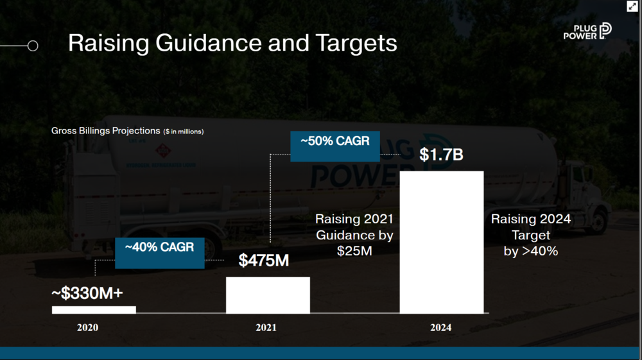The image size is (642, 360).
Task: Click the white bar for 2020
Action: [x=94, y=310]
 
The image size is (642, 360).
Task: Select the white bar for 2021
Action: [x=268, y=295]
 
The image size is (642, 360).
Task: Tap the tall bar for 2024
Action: [x=442, y=242]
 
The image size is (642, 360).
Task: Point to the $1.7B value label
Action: [x=441, y=155]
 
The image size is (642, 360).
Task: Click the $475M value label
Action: [x=264, y=260]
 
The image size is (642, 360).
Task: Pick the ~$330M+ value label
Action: [x=87, y=293]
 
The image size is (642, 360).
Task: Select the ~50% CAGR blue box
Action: [x=335, y=146]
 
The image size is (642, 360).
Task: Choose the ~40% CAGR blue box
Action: [x=160, y=253]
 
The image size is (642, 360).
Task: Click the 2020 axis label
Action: [x=87, y=328]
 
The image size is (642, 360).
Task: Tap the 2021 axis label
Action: [x=266, y=328]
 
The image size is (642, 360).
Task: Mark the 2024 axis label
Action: [x=441, y=328]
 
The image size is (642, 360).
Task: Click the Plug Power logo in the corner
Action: [x=587, y=31]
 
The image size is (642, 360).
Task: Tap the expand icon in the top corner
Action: [x=632, y=6]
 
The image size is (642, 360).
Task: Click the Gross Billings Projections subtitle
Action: [x=106, y=131]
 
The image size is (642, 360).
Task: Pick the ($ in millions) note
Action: [x=184, y=132]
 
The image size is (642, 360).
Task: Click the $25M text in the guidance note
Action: [x=354, y=251]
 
